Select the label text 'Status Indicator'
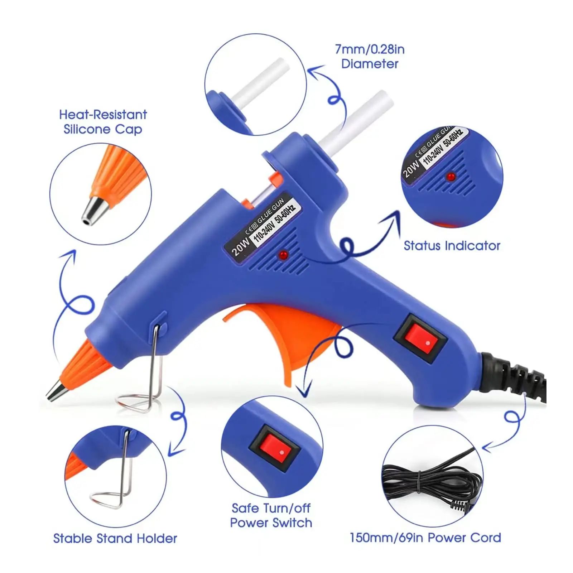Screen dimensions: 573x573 tap(452, 246)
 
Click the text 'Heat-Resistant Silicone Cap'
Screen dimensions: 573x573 tap(103, 122)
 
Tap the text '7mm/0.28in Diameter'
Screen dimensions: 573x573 tap(370, 57)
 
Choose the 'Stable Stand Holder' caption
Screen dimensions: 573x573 tap(115, 538)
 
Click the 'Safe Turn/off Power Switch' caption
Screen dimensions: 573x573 tap(271, 515)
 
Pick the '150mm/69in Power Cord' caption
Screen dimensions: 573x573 tap(425, 538)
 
